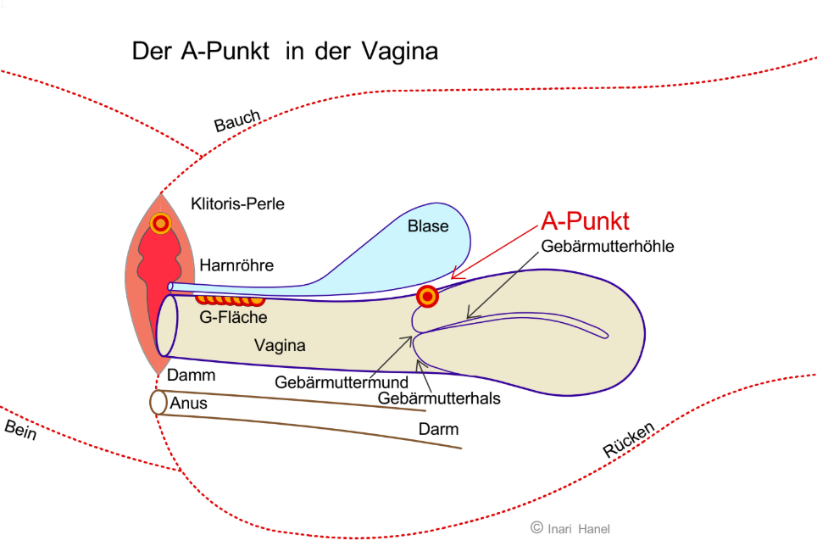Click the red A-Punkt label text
pyautogui.click(x=585, y=221)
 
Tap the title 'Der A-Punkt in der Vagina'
pyautogui.click(x=285, y=51)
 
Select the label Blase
pyautogui.click(x=428, y=226)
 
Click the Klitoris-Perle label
pyautogui.click(x=237, y=203)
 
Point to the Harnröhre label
pyautogui.click(x=236, y=265)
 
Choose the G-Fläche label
pyautogui.click(x=233, y=318)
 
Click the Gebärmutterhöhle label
pyautogui.click(x=608, y=247)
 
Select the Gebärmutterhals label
pyautogui.click(x=439, y=398)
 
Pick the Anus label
pyautogui.click(x=188, y=404)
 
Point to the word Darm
pyautogui.click(x=438, y=429)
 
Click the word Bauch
pyautogui.click(x=236, y=122)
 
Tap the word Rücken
pyautogui.click(x=629, y=441)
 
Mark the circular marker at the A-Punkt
pyautogui.click(x=428, y=297)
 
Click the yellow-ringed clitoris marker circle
pyautogui.click(x=161, y=223)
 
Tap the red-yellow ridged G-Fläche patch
pyautogui.click(x=230, y=299)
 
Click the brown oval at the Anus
pyautogui.click(x=158, y=402)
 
